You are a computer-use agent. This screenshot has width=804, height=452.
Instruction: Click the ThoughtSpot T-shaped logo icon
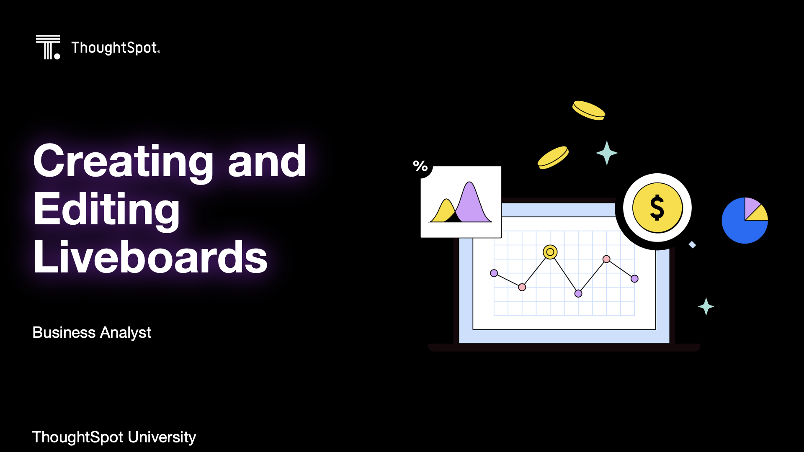tap(48, 47)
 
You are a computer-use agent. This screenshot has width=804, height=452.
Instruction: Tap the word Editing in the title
tap(106, 210)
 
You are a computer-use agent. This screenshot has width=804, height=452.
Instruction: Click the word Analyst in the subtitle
tap(126, 333)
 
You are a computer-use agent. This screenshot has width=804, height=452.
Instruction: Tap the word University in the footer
tap(162, 437)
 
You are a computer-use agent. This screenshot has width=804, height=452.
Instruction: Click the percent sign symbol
tap(420, 166)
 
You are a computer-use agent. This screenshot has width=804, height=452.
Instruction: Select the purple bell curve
tap(472, 202)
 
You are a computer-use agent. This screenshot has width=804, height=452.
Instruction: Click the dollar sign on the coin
tap(657, 208)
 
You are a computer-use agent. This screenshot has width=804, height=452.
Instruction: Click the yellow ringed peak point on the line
tap(550, 252)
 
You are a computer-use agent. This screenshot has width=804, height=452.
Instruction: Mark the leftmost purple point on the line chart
tap(494, 273)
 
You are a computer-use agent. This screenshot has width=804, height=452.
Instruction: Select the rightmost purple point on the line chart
tap(634, 279)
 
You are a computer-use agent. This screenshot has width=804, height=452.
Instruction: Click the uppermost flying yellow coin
tap(589, 110)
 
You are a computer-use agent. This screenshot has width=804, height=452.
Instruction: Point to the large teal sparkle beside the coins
tap(607, 153)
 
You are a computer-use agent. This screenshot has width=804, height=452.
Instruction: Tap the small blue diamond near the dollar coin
tap(692, 245)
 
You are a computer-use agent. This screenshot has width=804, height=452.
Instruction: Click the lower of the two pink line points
tap(522, 287)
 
